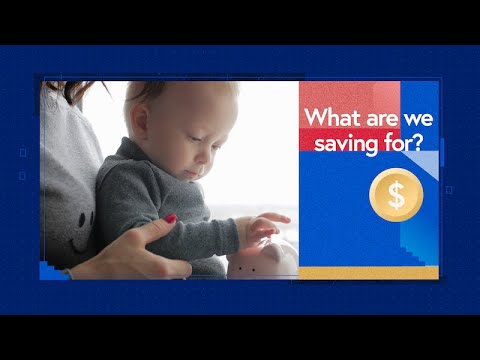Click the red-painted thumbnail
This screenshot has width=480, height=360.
click(170, 219)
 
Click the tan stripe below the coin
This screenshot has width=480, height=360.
click(370, 273)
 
